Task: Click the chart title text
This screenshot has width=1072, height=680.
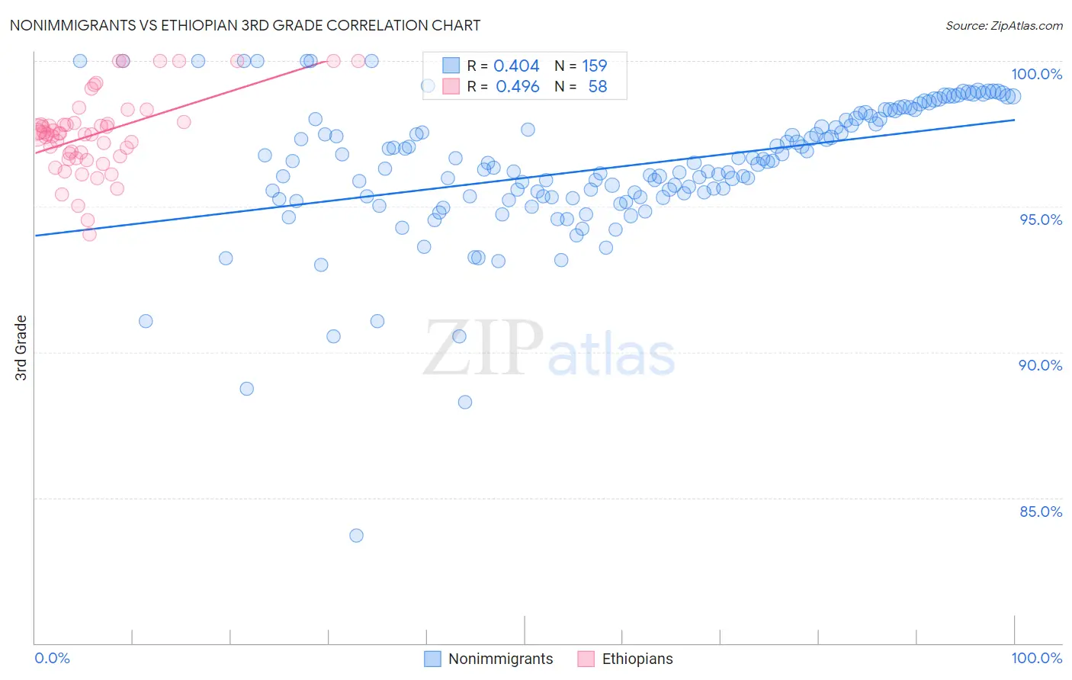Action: click(245, 25)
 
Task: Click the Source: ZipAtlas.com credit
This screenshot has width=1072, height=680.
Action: click(1003, 26)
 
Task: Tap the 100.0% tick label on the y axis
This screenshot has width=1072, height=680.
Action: click(1036, 74)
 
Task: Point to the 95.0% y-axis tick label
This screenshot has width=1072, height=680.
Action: click(1040, 220)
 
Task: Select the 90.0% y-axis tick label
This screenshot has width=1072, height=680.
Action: click(1040, 365)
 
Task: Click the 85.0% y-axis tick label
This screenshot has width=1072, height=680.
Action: click(1040, 512)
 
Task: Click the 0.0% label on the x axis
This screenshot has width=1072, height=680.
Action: click(52, 658)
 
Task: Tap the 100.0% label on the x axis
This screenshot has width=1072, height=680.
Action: click(1036, 658)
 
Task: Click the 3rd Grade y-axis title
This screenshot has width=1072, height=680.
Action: click(21, 348)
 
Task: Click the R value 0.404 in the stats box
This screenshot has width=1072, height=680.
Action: click(516, 66)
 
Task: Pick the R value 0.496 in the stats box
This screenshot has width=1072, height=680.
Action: click(517, 87)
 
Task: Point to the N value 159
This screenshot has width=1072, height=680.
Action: click(595, 66)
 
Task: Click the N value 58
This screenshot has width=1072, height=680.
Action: click(598, 87)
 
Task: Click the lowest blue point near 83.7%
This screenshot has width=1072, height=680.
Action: click(356, 535)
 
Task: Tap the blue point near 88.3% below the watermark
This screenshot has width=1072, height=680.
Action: click(465, 402)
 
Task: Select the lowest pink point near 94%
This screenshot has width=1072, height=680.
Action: click(89, 234)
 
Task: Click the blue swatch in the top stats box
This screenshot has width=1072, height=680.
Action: click(451, 66)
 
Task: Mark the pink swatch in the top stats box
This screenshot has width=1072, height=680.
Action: click(451, 87)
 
